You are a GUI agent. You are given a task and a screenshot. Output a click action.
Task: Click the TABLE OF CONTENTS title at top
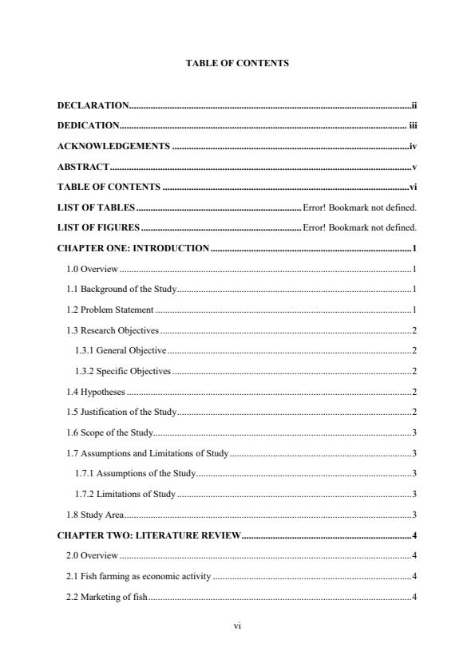(x=237, y=63)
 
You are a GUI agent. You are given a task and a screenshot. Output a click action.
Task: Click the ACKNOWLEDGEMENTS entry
(x=113, y=147)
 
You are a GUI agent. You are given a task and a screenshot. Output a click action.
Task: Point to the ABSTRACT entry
(x=83, y=168)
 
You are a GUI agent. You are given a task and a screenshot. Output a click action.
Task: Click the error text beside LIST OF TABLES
(x=361, y=208)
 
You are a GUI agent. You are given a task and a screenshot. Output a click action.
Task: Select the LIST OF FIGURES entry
(x=98, y=228)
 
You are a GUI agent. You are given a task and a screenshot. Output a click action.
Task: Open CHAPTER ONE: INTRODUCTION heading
(x=133, y=248)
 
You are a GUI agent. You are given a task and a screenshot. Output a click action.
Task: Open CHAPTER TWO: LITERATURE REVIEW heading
(x=149, y=535)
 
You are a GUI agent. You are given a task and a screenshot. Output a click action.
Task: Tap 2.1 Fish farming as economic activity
(x=139, y=576)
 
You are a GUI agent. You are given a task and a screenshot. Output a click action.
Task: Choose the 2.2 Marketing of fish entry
(x=107, y=597)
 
